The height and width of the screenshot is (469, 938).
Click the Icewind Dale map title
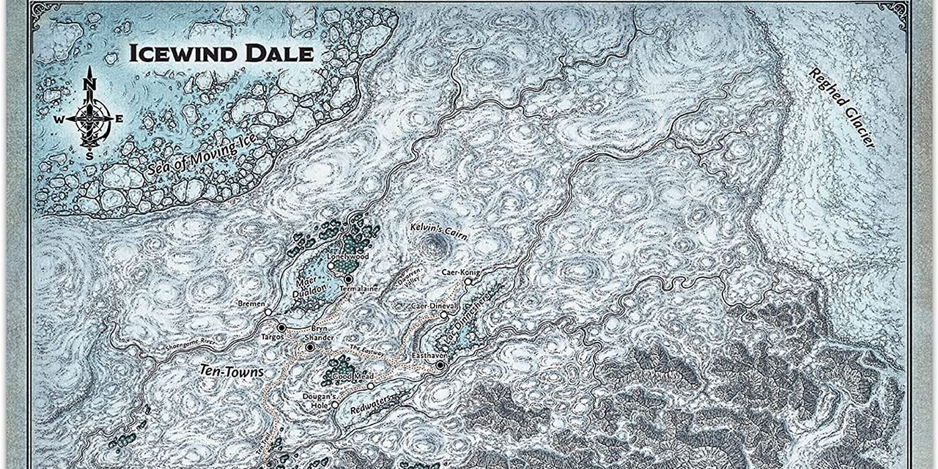point(221,54)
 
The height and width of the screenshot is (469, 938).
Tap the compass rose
point(89,116)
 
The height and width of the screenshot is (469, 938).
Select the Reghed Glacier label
point(841,107)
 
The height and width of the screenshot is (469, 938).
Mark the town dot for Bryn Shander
point(310,346)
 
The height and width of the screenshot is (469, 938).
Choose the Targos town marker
point(281,327)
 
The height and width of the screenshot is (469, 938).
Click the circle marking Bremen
point(268,311)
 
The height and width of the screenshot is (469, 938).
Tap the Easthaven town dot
point(440,365)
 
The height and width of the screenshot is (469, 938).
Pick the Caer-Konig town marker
point(467,281)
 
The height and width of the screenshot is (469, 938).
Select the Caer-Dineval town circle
point(443,315)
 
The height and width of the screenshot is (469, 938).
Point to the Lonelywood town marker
point(331,266)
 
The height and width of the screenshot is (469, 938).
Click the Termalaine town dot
point(348,279)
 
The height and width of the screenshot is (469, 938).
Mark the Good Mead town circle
point(370,386)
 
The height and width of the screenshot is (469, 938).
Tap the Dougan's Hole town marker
point(335,405)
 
